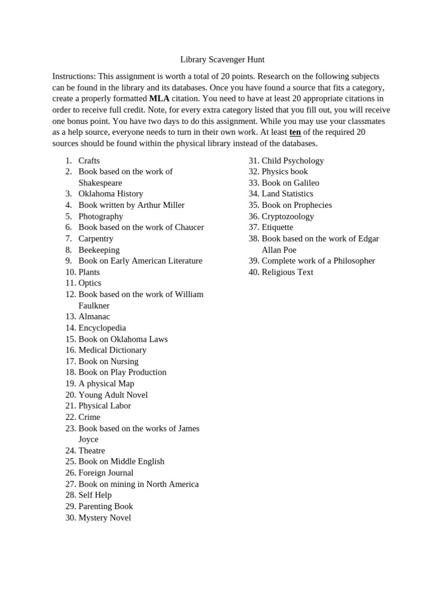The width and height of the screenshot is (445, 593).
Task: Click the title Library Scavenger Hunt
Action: [x=222, y=60]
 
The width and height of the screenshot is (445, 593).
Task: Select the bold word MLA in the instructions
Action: [x=159, y=98]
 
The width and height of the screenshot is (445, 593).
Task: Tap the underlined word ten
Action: [x=295, y=132]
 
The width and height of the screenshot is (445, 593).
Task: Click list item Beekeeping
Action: [x=99, y=250]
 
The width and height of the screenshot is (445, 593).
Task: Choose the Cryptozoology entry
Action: [x=287, y=216]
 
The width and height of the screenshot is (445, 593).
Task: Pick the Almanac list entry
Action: [x=94, y=316]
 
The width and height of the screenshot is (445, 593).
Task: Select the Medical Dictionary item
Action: [x=112, y=350]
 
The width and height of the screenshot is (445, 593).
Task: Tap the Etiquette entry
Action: [x=277, y=227]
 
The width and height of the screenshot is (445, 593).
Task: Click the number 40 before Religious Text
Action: [x=254, y=272]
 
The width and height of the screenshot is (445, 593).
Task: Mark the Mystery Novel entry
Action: [x=104, y=518]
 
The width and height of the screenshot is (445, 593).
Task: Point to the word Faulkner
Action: [x=94, y=305]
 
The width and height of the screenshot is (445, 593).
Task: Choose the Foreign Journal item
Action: [x=105, y=473]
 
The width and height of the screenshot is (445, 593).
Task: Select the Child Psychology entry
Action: [x=293, y=160]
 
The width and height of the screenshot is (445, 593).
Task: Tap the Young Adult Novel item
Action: [x=113, y=394]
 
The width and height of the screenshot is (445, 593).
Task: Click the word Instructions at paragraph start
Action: [x=74, y=76]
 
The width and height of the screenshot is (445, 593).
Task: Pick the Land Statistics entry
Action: [x=287, y=193]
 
